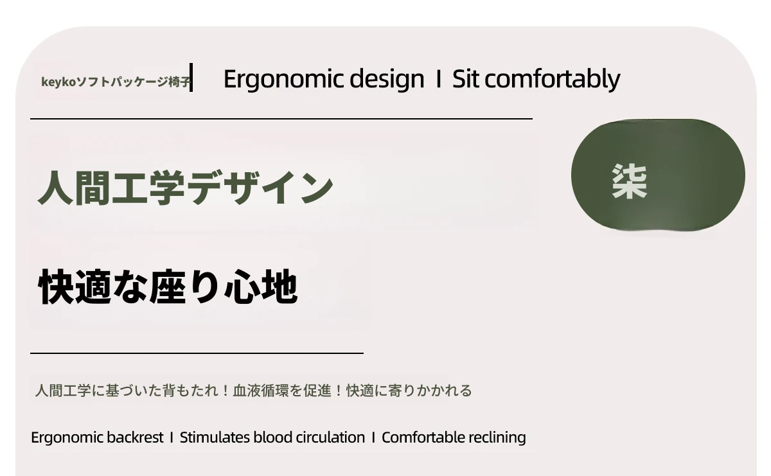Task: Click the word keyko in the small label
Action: (x=58, y=83)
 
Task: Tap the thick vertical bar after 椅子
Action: (x=191, y=78)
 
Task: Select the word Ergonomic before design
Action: (x=283, y=80)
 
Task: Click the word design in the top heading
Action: (x=387, y=80)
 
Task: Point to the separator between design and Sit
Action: (x=438, y=79)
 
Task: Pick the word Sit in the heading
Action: (x=466, y=79)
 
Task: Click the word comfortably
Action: (x=553, y=80)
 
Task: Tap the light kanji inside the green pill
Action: (x=630, y=181)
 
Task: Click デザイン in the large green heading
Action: (x=261, y=188)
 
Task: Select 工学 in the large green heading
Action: (x=148, y=188)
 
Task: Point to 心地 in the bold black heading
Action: (x=261, y=286)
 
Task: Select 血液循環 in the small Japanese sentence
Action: (x=261, y=391)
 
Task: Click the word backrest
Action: (x=135, y=437)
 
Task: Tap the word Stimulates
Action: (x=215, y=437)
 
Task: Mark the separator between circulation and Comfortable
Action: (x=373, y=437)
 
